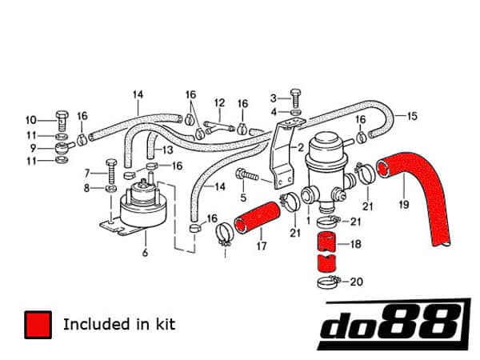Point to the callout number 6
click(145, 254)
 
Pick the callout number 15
click(412, 116)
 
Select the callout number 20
click(357, 281)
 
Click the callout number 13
click(168, 150)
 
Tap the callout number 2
click(301, 148)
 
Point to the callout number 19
click(403, 205)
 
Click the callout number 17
click(261, 246)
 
